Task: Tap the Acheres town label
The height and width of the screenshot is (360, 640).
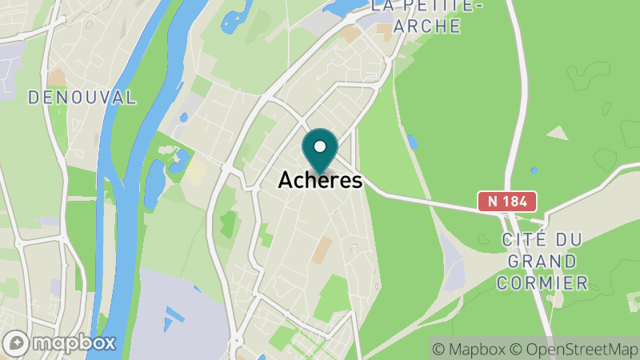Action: (x=320, y=182)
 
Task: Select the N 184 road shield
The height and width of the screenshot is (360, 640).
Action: (x=507, y=202)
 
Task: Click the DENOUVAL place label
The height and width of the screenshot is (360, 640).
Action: (x=82, y=98)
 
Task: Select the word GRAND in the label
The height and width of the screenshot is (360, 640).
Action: (x=542, y=262)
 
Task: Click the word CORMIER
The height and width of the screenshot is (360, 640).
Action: (x=542, y=282)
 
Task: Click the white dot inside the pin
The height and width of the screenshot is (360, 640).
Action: (x=320, y=147)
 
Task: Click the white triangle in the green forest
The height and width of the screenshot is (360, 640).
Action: (x=558, y=133)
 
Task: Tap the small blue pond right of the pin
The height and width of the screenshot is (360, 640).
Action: (x=412, y=142)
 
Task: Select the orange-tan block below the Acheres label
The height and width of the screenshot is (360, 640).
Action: (x=322, y=250)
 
